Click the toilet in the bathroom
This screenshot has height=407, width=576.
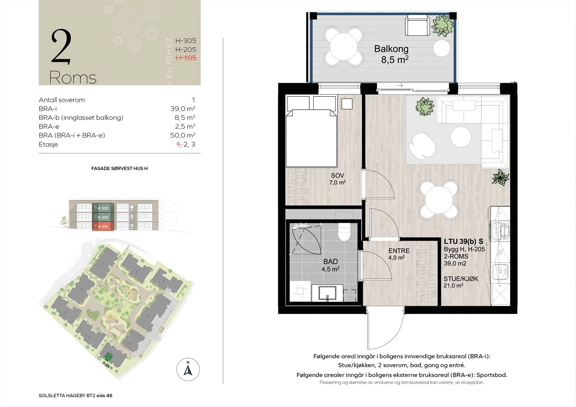344,232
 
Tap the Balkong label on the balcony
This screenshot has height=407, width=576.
391,49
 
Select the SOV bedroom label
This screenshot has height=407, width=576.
337,176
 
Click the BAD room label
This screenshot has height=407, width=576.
330,262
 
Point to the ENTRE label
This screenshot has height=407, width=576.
399,251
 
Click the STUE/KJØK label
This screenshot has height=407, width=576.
461,279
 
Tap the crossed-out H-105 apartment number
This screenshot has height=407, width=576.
186,58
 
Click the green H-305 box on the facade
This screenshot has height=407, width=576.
103,208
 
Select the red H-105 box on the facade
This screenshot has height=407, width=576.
103,226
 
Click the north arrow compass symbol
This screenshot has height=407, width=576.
188,370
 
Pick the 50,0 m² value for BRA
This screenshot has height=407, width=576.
183,135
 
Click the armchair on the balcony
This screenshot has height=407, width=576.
417,25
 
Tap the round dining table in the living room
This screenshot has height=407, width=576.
439,199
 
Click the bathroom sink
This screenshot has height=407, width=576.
327,293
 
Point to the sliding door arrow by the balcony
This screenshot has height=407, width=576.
399,86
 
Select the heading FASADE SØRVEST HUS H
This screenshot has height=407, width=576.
120,168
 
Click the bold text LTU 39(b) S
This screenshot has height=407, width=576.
463,241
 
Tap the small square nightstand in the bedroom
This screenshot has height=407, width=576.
347,104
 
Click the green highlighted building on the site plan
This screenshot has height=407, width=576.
108,357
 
